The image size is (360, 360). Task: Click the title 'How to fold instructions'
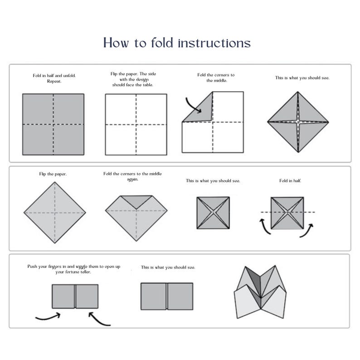[177, 43]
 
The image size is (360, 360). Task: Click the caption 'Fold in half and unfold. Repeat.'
[54, 78]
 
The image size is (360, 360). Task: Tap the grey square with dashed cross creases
[54, 124]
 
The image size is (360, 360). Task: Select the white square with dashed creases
[136, 124]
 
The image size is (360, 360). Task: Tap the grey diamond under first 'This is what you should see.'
[298, 122]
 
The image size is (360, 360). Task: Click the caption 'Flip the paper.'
[54, 174]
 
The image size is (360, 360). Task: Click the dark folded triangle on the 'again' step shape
[136, 201]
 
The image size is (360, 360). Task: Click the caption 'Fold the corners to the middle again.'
[132, 176]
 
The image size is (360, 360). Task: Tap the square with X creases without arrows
[213, 212]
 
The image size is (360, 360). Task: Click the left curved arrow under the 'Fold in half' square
[266, 225]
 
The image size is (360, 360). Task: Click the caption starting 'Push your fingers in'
[73, 269]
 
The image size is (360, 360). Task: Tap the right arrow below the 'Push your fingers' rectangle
[99, 318]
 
